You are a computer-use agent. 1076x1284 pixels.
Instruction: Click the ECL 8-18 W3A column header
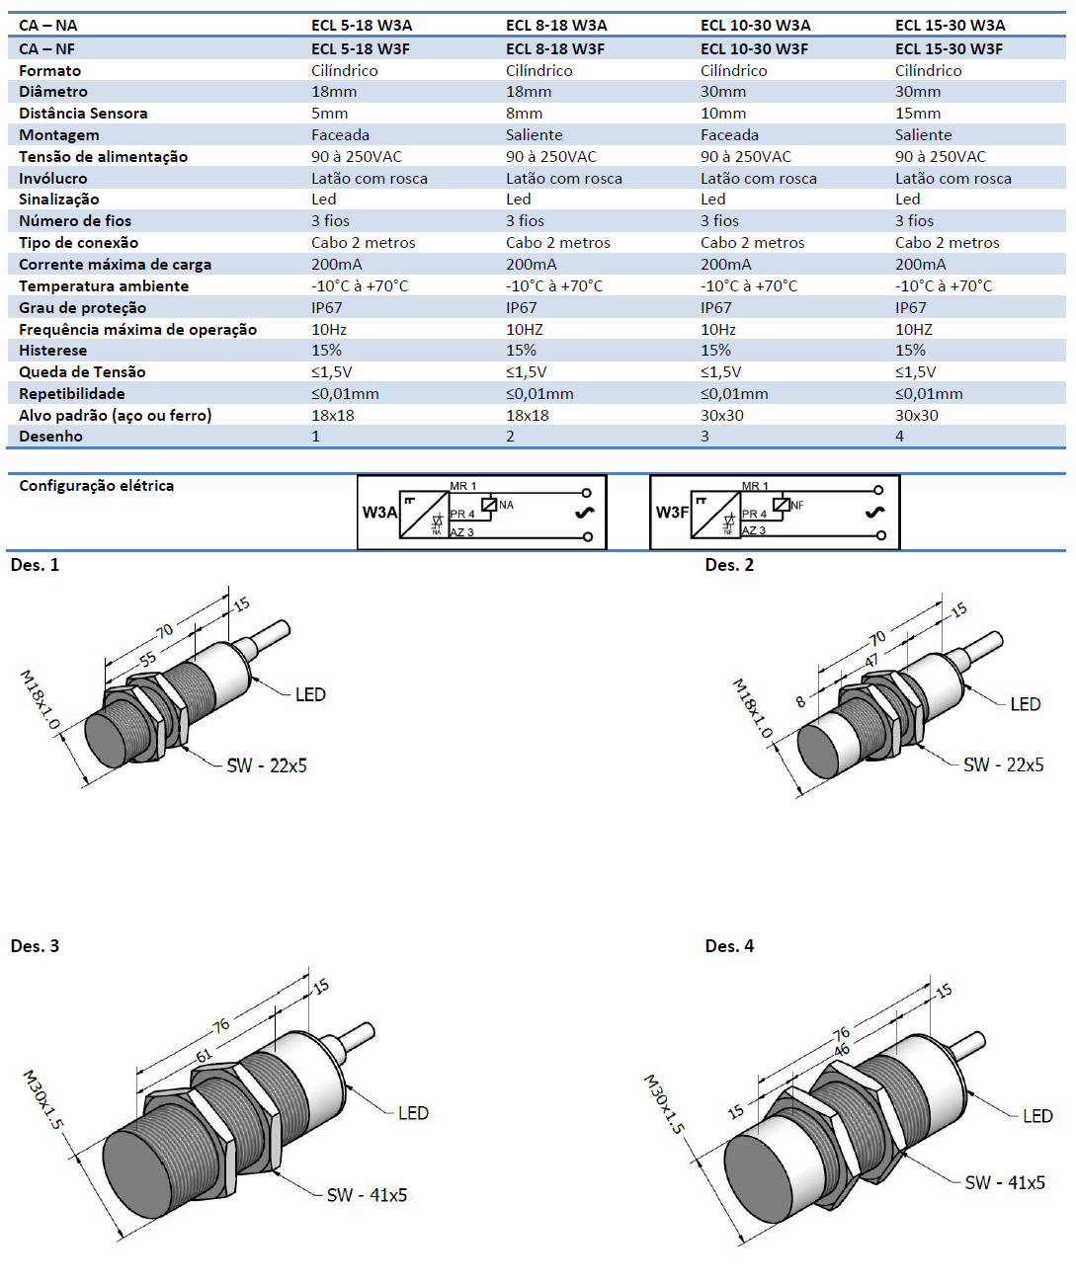556,26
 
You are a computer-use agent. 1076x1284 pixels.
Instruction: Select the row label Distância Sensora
83,114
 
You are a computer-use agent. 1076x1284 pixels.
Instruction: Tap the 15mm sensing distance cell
918,114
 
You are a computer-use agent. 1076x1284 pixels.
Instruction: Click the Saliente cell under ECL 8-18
534,135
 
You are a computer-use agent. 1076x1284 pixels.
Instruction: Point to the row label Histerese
52,351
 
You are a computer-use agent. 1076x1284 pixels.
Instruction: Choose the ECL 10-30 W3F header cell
754,49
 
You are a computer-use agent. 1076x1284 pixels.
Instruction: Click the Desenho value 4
899,437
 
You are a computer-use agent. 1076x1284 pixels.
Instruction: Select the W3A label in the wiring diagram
378,513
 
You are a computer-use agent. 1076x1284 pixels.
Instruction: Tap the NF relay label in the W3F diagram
796,506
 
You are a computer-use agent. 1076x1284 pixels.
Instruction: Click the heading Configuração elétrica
96,486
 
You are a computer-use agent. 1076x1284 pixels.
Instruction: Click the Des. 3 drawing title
35,946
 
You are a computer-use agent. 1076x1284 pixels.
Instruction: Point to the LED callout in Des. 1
310,695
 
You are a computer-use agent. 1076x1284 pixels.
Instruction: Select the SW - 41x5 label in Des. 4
1005,1183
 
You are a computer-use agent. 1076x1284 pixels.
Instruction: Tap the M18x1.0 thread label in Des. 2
752,708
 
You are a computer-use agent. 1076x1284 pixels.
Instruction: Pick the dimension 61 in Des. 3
204,1055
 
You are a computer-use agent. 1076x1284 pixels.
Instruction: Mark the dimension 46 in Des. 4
842,1050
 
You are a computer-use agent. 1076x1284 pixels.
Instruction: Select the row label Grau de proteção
82,308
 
